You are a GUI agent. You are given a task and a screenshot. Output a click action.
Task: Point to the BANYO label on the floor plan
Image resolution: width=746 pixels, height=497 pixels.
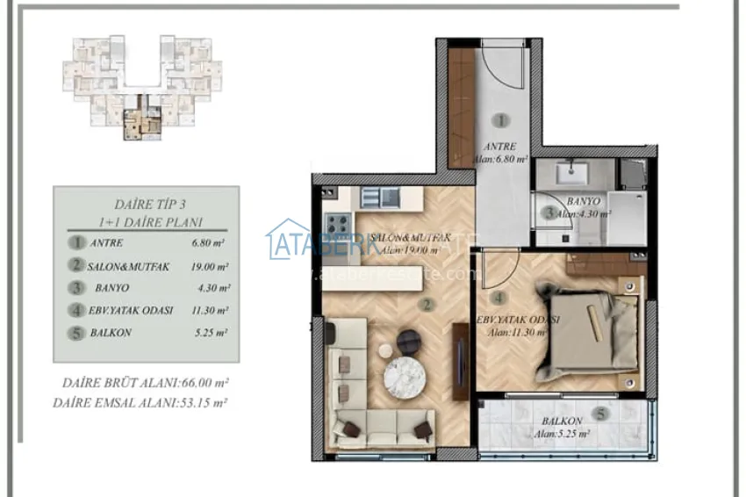click(583, 200)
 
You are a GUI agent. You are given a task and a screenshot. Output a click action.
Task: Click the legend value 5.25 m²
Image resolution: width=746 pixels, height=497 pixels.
click(210, 333)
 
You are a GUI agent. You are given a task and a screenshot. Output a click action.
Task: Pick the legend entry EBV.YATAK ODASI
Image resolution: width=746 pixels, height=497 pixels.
click(132, 310)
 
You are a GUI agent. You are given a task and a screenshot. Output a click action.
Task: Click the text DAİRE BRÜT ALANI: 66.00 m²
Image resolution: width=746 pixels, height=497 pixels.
click(146, 384)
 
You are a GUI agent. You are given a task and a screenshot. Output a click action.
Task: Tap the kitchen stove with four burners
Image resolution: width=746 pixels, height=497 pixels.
click(338, 223)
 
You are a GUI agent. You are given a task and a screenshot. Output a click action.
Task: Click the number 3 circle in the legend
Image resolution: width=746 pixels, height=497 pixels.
click(79, 287)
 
